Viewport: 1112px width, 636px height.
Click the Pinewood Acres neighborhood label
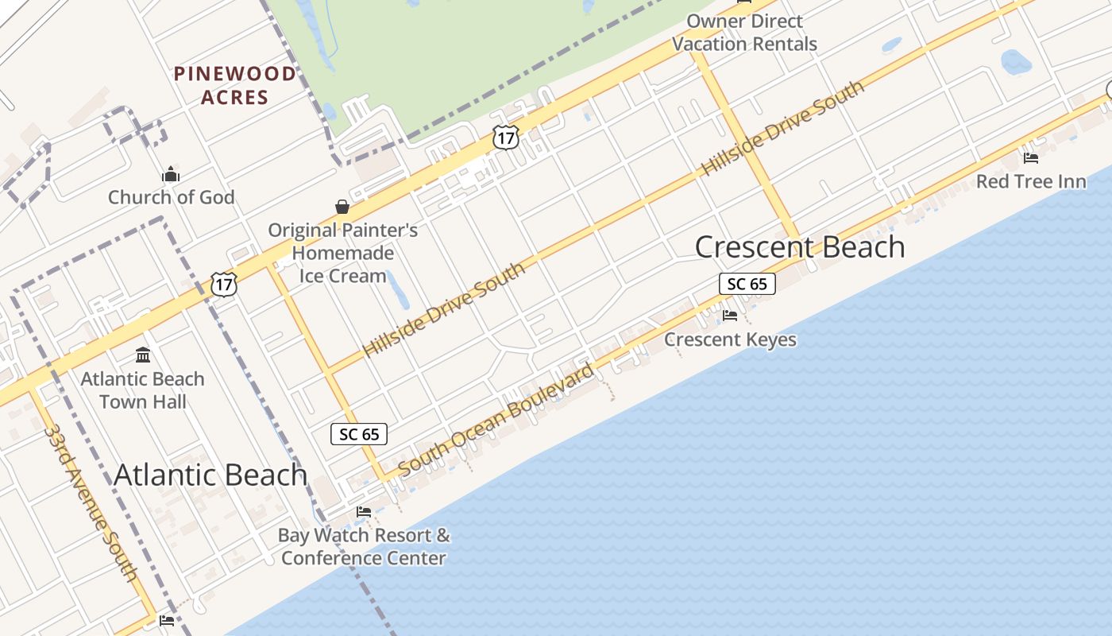pos(235,85)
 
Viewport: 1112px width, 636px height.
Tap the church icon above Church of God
pos(171,175)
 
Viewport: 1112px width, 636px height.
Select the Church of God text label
pos(171,197)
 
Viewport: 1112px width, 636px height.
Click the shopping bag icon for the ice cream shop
pos(342,207)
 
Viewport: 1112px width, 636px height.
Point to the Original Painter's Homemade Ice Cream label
pos(342,253)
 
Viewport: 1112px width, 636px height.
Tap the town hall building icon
pos(143,355)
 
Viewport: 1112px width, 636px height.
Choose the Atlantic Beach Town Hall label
pos(143,390)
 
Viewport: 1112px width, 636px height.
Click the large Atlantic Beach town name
pos(210,475)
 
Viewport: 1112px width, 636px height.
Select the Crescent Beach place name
pos(800,246)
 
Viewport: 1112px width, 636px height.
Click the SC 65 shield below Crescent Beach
pos(747,284)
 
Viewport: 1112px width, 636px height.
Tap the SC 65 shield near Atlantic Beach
pos(359,434)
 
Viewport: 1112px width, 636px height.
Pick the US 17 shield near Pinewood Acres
pos(505,137)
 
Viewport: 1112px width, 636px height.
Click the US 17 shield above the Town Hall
pos(224,284)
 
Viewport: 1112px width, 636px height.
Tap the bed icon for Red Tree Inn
pos(1031,158)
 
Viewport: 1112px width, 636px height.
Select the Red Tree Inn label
pos(1031,181)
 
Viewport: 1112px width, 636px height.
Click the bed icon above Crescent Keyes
pos(730,316)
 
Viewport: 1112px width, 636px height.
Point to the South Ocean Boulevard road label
pos(496,421)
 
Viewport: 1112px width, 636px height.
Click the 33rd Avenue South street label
pos(91,502)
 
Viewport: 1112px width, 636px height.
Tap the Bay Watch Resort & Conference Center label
pos(364,546)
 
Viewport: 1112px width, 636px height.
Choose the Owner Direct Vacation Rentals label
pos(744,33)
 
